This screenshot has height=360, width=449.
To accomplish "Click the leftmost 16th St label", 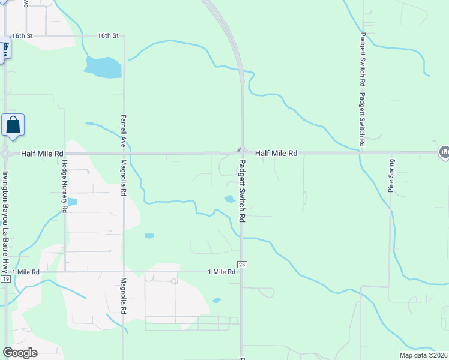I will (22, 36).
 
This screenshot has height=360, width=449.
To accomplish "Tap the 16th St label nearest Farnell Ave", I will (109, 36).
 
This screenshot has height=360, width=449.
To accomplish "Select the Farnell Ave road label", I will (123, 131).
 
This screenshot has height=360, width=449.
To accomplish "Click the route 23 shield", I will (242, 264).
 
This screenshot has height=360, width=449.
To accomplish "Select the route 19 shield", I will (5, 279).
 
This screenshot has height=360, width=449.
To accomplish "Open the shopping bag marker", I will (13, 125).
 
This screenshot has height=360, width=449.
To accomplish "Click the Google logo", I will (20, 353).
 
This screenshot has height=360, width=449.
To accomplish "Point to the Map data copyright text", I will (424, 355).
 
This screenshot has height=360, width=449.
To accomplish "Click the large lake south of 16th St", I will (103, 67).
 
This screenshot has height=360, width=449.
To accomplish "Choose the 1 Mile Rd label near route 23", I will (221, 272).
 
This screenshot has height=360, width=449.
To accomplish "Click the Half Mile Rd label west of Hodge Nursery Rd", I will (42, 154).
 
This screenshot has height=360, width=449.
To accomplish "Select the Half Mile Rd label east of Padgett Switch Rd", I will (276, 154).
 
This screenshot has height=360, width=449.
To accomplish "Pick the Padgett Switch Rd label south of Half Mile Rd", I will (242, 191).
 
